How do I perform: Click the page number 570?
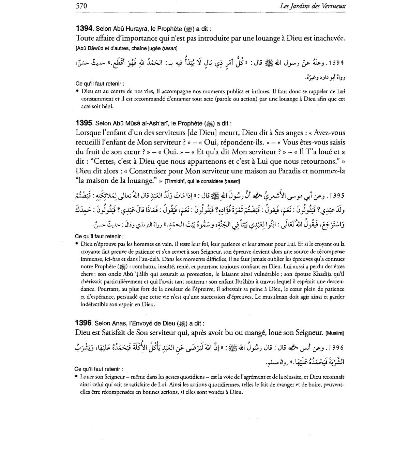81,6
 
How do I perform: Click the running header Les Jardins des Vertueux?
312,6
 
